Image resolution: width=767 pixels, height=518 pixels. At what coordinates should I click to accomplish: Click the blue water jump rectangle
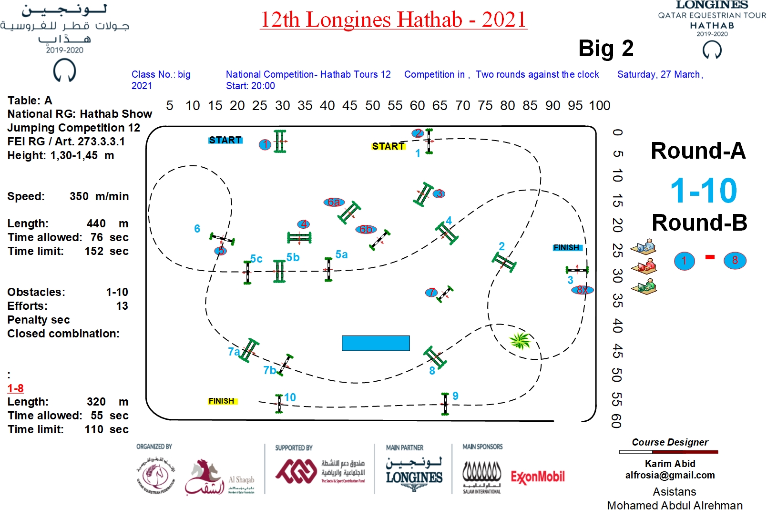coord(376,343)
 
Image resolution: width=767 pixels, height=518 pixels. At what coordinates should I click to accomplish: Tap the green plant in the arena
coord(520,340)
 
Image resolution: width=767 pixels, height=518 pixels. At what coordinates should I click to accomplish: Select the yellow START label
coord(388,146)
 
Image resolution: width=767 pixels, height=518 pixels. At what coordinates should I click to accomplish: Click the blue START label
coord(225,140)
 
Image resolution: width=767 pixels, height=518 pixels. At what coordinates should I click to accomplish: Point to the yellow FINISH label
coord(222,401)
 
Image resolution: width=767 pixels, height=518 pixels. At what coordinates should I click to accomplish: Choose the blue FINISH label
coord(566,248)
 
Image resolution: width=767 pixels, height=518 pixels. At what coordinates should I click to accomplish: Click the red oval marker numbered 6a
coord(334,202)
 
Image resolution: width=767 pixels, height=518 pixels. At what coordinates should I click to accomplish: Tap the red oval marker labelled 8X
coord(582,290)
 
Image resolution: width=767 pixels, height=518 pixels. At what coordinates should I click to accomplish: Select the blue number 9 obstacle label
coord(456,396)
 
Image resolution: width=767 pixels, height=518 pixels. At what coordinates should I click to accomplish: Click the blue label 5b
coord(293,257)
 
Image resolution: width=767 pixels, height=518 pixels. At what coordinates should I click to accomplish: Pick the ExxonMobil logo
coord(538,477)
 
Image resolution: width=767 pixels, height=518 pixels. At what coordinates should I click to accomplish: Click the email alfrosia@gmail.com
coord(670,475)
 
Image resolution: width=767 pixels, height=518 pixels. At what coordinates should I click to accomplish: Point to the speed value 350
coord(79,196)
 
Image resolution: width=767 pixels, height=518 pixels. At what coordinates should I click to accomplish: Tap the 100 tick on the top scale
coord(600,105)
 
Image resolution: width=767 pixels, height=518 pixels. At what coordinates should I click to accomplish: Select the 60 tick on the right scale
coord(616,421)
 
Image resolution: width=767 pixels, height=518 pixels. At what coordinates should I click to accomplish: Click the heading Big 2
coord(606,49)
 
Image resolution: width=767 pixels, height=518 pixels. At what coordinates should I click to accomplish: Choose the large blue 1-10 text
coord(704,191)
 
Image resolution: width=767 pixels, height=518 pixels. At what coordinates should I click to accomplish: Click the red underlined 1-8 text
coord(15,388)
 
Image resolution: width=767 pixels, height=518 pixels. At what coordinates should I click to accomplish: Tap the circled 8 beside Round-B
coord(735,261)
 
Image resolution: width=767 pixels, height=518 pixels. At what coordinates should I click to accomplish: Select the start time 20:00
coord(264,86)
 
